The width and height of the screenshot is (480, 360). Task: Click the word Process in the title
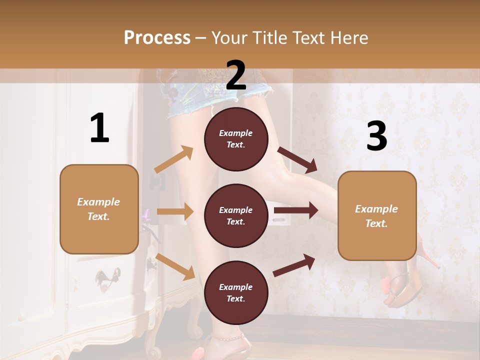point(157,37)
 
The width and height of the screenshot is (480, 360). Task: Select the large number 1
point(99,128)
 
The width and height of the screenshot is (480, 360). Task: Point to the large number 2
point(236,75)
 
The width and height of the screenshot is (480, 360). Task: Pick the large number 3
point(376,136)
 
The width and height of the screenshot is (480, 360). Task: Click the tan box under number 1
point(99,209)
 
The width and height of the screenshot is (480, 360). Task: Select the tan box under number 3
point(377,215)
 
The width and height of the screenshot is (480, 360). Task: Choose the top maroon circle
point(236,139)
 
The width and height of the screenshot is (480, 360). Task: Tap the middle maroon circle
point(236,215)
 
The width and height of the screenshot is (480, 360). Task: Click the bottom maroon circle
point(236,292)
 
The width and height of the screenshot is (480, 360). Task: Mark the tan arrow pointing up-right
point(174,159)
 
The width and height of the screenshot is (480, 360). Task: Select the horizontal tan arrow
point(175,211)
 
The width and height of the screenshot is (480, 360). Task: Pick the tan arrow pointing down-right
point(175,266)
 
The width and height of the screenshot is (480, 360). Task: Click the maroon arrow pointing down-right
point(297,160)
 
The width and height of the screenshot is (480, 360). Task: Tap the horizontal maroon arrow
point(296,210)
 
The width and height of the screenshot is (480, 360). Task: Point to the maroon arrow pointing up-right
point(294,265)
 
